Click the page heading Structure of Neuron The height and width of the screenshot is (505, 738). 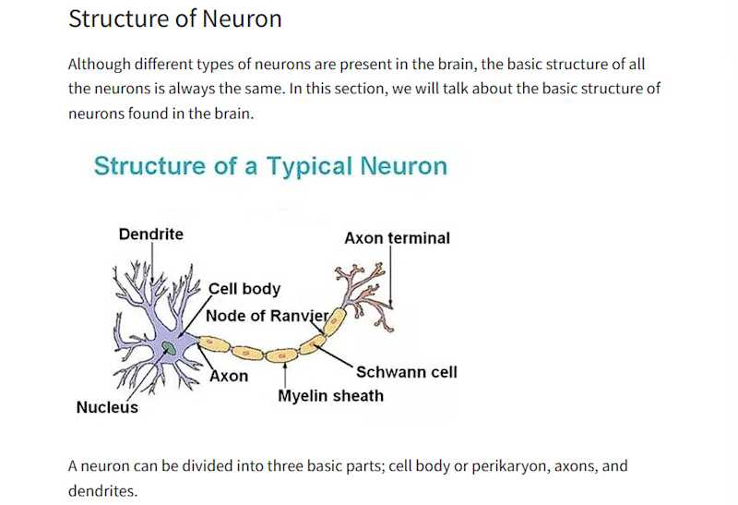(x=175, y=18)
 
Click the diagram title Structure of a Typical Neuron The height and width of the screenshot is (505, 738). (x=270, y=166)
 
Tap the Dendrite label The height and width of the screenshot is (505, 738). (x=151, y=234)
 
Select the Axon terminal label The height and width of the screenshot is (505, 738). (x=397, y=238)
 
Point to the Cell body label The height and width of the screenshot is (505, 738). (x=244, y=289)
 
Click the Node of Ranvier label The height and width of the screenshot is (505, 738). (x=267, y=316)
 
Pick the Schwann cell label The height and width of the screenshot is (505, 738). (x=406, y=373)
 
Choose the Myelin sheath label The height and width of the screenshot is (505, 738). (x=330, y=396)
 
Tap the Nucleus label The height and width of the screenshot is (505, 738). (x=107, y=407)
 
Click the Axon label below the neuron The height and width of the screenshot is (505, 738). (x=230, y=377)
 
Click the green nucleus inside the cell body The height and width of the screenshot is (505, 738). (x=168, y=348)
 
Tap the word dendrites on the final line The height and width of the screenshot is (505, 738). (x=101, y=491)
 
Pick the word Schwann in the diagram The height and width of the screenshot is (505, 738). (x=386, y=373)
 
